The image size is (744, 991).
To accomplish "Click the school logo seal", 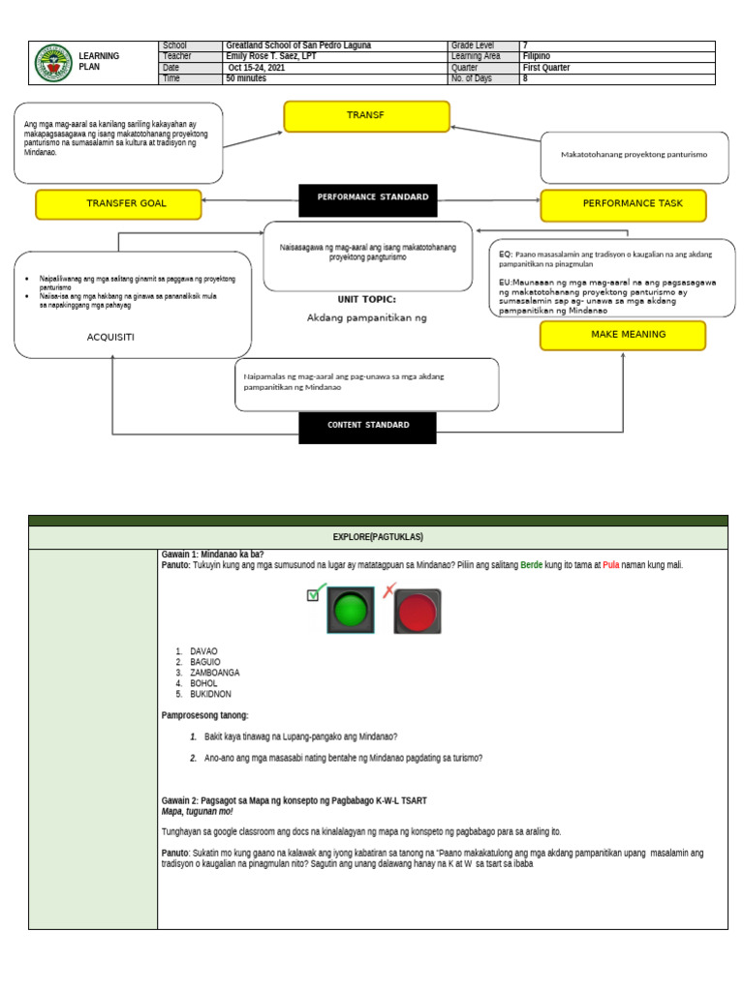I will pos(51,63).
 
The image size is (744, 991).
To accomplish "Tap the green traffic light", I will pos(350,612).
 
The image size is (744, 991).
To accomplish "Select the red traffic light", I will pos(418,612).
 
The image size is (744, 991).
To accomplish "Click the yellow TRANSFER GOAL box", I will pos(119,204).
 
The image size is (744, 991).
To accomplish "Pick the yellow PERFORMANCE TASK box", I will pos(624,205).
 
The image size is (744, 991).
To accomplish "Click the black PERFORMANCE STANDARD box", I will pos(373,197).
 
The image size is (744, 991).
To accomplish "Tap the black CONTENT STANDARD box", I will pos(367,425).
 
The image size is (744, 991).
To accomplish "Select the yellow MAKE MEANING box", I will pos(623,335).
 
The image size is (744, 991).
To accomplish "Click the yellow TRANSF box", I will pos(366,116).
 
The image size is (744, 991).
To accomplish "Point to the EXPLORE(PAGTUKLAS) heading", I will pos(378,537).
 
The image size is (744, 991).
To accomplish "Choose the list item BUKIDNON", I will pos(210,694).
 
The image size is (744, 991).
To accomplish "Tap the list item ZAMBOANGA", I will pos(215,673).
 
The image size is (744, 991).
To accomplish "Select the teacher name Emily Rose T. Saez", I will pos(271,56).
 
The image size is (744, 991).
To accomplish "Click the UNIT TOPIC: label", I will pos(366,300).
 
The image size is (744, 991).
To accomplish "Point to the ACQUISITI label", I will pos(110,337).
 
